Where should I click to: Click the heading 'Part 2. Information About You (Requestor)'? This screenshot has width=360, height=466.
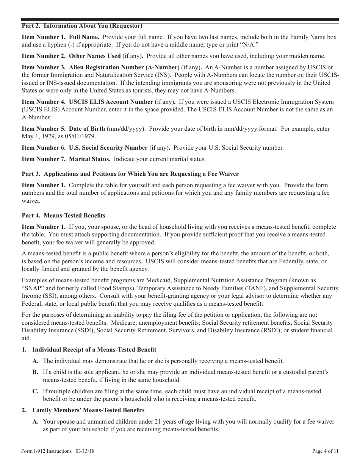tap(82, 26)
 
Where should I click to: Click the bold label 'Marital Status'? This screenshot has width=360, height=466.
tap(89, 159)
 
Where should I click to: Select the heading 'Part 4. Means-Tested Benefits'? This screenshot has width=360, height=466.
tap(64, 215)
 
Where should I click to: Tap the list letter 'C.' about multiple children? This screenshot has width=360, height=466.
tap(36, 391)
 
